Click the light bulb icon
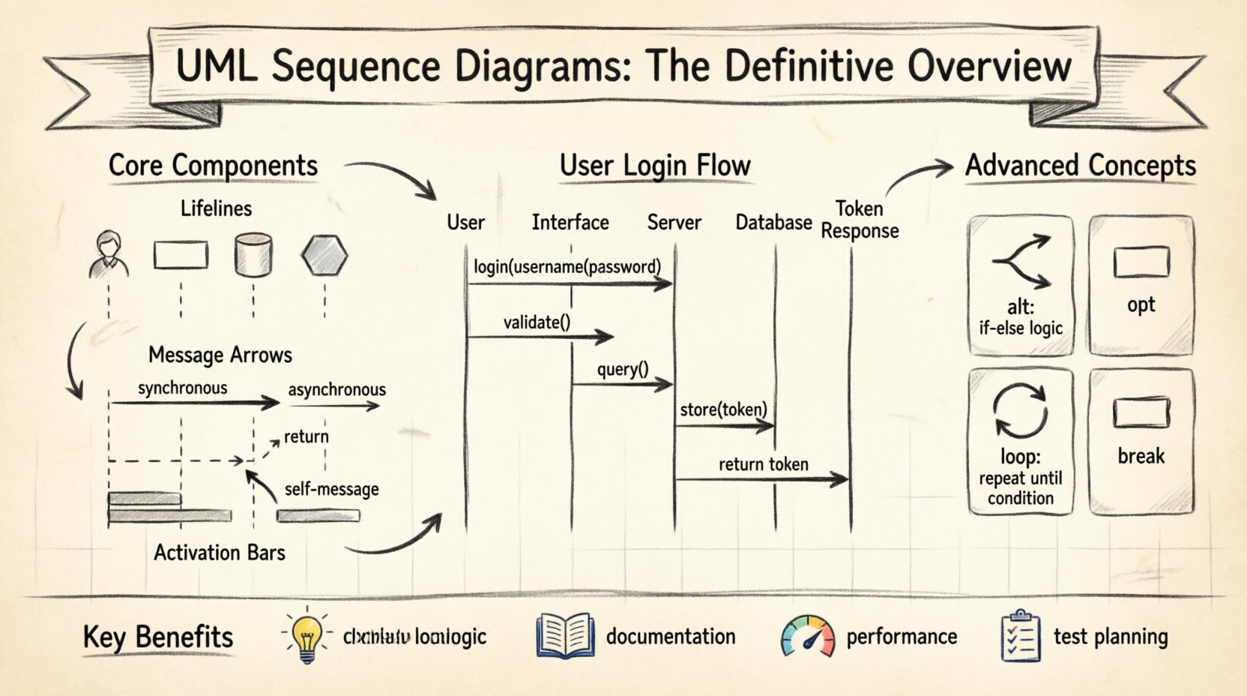tap(306, 637)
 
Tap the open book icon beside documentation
tap(565, 637)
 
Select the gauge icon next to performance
tap(807, 637)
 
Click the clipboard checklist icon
tap(1021, 636)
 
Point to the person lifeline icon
tap(109, 254)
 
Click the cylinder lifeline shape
tap(253, 254)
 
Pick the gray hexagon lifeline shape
tap(324, 255)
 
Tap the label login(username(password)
tap(567, 266)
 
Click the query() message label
tap(623, 369)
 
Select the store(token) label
tap(723, 409)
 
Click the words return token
tap(763, 464)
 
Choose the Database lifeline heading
tap(773, 222)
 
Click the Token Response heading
tap(859, 219)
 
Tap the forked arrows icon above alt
tap(1021, 261)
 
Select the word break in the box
tap(1141, 455)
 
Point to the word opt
tap(1141, 304)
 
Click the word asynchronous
tap(336, 389)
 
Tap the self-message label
tap(331, 489)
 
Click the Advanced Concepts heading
tap(1080, 165)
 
